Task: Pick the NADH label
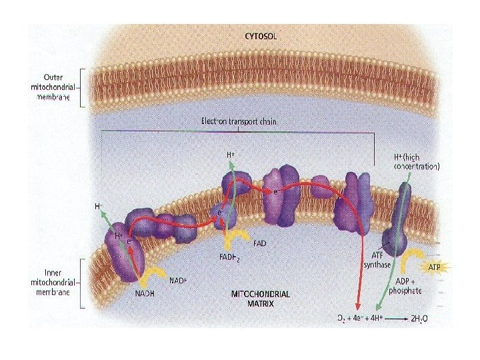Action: point(145,293)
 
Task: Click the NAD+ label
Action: point(177,281)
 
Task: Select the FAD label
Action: point(259,244)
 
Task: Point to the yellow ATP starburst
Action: point(434,267)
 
